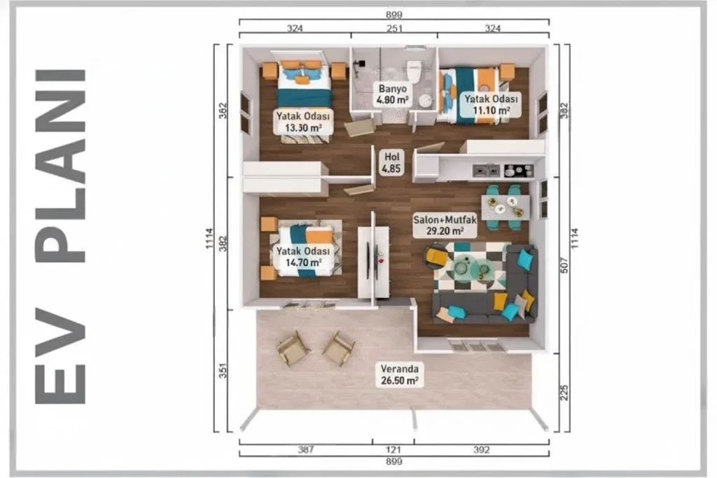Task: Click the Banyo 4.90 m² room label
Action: pos(392,94)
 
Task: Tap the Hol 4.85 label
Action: pos(391,162)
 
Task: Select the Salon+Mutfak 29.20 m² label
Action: pos(445,225)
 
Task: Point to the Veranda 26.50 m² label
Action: pos(400,374)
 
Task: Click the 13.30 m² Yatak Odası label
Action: pos(302,122)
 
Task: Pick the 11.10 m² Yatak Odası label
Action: pos(491,105)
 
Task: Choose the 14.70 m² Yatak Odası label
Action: pos(302,257)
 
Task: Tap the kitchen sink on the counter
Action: pos(486,171)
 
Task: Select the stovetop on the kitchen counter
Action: pos(519,171)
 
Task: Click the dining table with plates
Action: pos(505,207)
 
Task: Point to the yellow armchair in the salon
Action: pos(436,257)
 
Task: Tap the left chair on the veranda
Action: pos(293,349)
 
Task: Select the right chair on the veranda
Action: pos(339,349)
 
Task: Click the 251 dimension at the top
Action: pos(394,28)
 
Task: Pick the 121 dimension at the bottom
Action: pos(394,450)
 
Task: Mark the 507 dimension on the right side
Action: pos(564,265)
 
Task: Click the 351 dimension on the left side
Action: pos(223,370)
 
